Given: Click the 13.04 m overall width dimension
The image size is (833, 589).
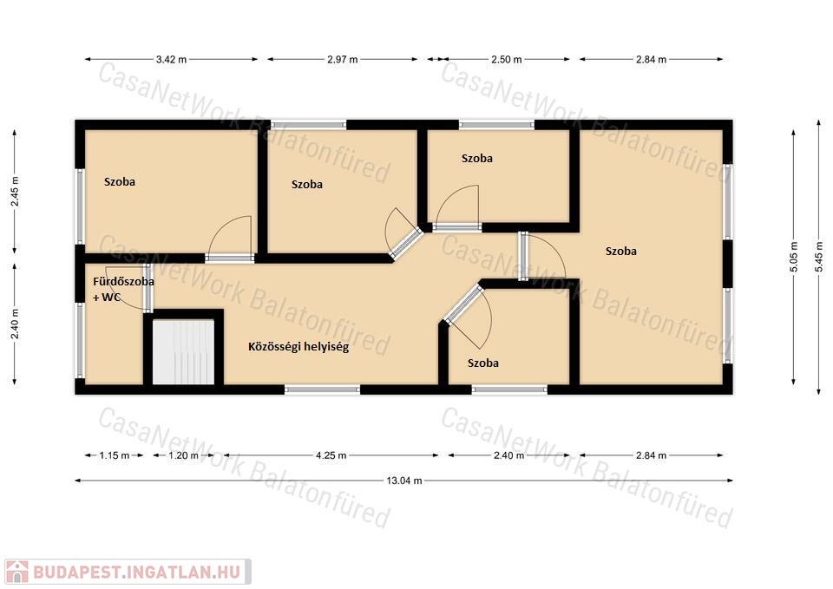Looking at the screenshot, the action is [x=403, y=481].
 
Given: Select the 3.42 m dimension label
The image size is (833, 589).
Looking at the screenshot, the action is [x=171, y=60].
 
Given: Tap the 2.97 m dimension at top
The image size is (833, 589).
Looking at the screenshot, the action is [x=342, y=60].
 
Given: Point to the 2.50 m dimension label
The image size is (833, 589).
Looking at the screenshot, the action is [x=506, y=60].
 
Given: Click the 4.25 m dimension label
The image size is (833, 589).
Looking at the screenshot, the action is [x=331, y=455].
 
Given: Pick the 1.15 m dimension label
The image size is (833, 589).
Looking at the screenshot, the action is [x=115, y=455].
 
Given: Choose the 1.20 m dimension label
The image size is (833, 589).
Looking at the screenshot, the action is [x=183, y=455].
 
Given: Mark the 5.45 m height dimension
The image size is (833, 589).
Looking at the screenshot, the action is [x=819, y=257].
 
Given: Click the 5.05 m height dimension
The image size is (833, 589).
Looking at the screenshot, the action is [x=794, y=257].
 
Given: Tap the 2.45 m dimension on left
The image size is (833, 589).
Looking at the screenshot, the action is [x=15, y=191].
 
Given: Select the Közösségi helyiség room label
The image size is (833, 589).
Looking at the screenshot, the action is [x=298, y=347].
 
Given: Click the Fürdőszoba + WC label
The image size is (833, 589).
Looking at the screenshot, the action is [x=123, y=290].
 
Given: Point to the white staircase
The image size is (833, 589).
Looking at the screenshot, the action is [x=183, y=351].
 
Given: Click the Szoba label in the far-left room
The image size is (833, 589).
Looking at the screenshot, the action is [x=120, y=181].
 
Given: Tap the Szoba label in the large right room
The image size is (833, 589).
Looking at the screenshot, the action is [x=621, y=252].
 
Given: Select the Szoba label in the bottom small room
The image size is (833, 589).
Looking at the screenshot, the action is [x=483, y=363].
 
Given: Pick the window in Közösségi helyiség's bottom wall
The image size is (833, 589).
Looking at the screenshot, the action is [x=322, y=389].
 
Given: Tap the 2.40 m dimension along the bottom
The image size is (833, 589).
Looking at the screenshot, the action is [x=509, y=455].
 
